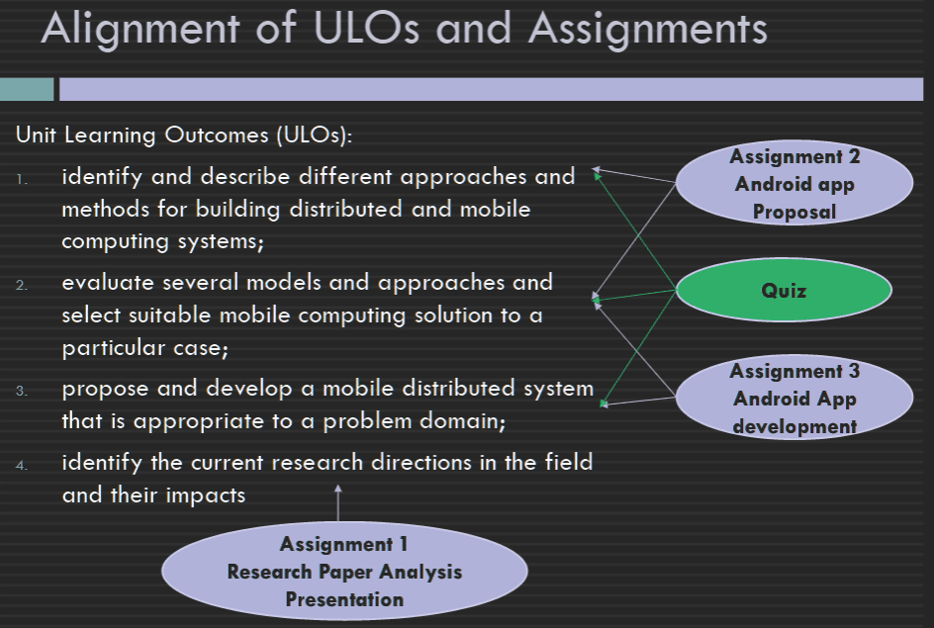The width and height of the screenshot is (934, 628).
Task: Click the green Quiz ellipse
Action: coord(784,290)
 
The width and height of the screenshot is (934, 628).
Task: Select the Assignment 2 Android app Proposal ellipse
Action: coord(794,183)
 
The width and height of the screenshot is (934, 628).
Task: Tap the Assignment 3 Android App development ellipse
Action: coord(794,397)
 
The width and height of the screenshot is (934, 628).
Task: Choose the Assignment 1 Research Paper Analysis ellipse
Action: coord(344,571)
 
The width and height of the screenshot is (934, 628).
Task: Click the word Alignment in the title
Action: coord(140,29)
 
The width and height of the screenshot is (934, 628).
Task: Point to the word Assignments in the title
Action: coord(648,29)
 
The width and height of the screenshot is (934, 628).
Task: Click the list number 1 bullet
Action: coord(22,179)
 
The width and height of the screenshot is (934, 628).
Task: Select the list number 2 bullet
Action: coord(22,285)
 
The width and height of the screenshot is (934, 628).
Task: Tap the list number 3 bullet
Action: coord(22,391)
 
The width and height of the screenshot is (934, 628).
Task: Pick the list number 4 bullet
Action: coord(22,465)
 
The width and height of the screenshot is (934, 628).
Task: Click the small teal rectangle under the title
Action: coord(27,89)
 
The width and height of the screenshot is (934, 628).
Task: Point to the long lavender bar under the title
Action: coord(492,89)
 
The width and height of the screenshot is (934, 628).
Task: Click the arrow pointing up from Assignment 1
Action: coord(337,503)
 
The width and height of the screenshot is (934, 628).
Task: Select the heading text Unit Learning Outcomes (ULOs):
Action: coord(184,135)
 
